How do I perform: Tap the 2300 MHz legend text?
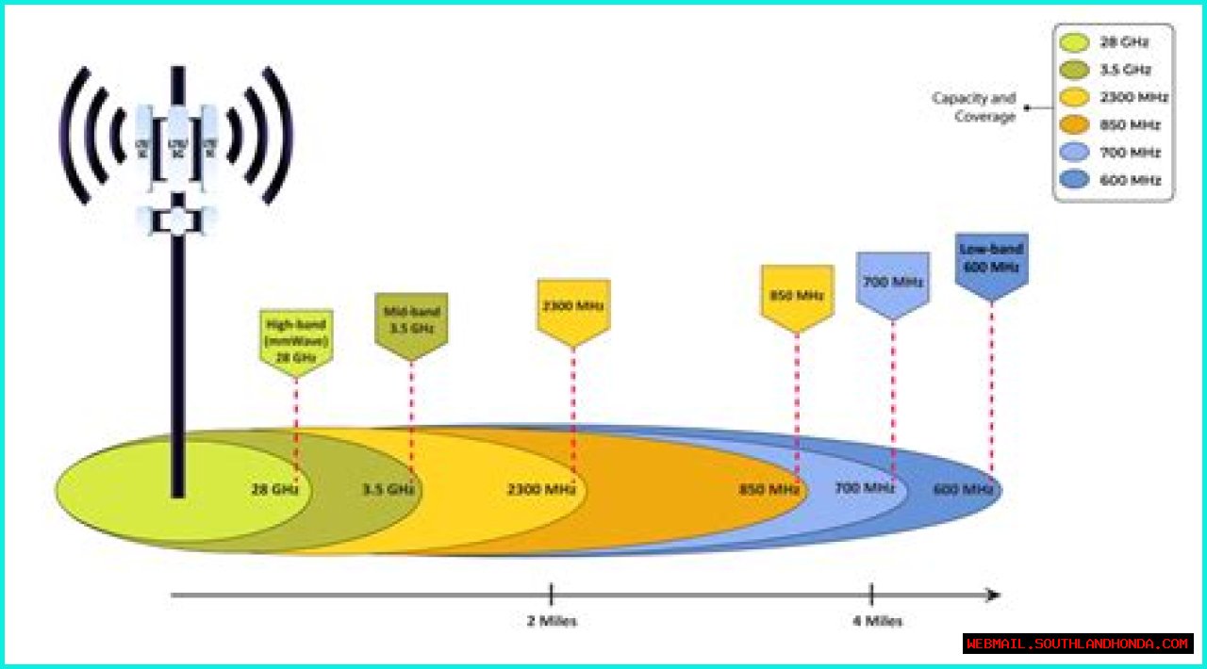[1133, 97]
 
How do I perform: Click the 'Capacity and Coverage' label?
[974, 106]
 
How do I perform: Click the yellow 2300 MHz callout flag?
[573, 307]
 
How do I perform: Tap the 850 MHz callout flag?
[797, 296]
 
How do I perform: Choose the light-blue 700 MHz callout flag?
[892, 282]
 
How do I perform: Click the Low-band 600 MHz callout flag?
[991, 261]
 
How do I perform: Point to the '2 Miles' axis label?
[552, 621]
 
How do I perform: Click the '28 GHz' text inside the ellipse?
[274, 490]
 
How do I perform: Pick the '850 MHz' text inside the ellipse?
[769, 490]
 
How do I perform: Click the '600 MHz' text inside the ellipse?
[963, 490]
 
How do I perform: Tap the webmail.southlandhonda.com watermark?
[1078, 644]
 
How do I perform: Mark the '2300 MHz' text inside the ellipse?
[541, 490]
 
